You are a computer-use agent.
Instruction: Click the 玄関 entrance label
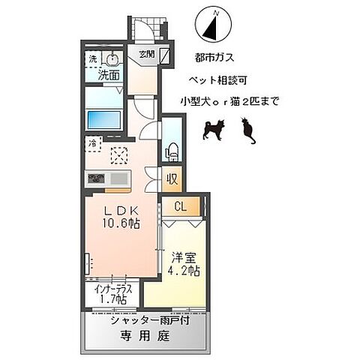tap(146, 53)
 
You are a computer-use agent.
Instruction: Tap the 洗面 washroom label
tap(107, 75)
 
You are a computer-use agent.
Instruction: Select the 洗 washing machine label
tap(92, 59)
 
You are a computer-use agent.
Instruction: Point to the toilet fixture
tap(170, 150)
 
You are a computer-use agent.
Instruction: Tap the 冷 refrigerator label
tap(91, 141)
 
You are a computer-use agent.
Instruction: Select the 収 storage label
tap(172, 179)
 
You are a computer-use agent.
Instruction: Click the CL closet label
tap(181, 207)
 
